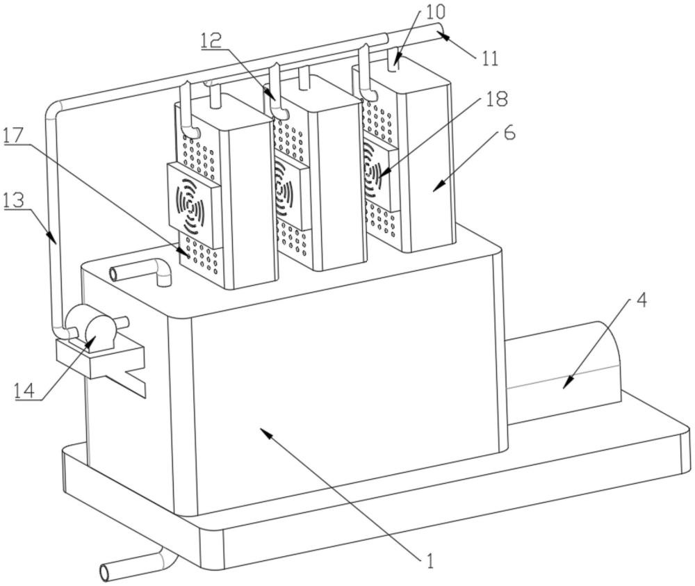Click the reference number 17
coord(13,135)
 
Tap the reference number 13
coord(14,202)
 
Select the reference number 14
coord(24,391)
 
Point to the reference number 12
coord(211,40)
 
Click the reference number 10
coord(435,12)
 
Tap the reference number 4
coord(641,300)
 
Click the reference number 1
coord(429,560)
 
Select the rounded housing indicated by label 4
coord(563,364)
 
